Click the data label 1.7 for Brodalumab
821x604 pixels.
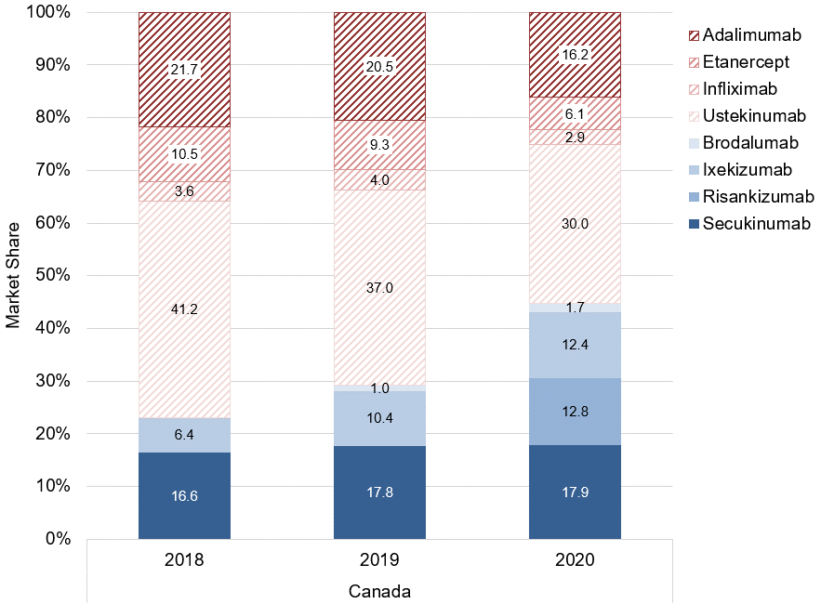[575, 307]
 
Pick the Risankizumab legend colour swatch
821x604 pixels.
[690, 197]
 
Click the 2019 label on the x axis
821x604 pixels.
[379, 560]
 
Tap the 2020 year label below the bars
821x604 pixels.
[575, 560]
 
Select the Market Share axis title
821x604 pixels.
[13, 276]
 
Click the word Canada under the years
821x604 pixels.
[379, 591]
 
